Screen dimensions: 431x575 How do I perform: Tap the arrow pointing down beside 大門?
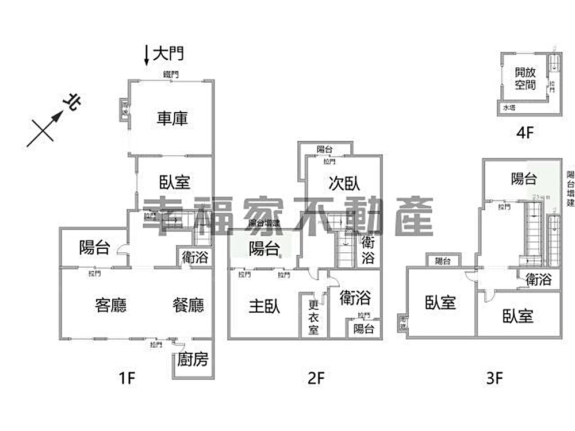(x=147, y=55)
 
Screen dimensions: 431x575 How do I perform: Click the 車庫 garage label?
(x=172, y=118)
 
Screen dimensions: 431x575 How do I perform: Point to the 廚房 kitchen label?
(x=193, y=360)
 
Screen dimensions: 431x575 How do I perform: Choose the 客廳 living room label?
(x=110, y=305)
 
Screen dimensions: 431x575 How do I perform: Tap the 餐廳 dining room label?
(x=188, y=305)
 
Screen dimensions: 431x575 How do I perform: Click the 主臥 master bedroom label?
(x=264, y=306)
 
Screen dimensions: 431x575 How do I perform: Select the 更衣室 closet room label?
(x=313, y=318)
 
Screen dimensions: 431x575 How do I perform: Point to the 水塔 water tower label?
(x=509, y=107)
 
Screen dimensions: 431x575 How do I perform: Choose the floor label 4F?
(x=525, y=132)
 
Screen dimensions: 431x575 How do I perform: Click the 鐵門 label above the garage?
(x=171, y=74)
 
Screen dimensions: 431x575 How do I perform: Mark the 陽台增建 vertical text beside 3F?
(x=570, y=189)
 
